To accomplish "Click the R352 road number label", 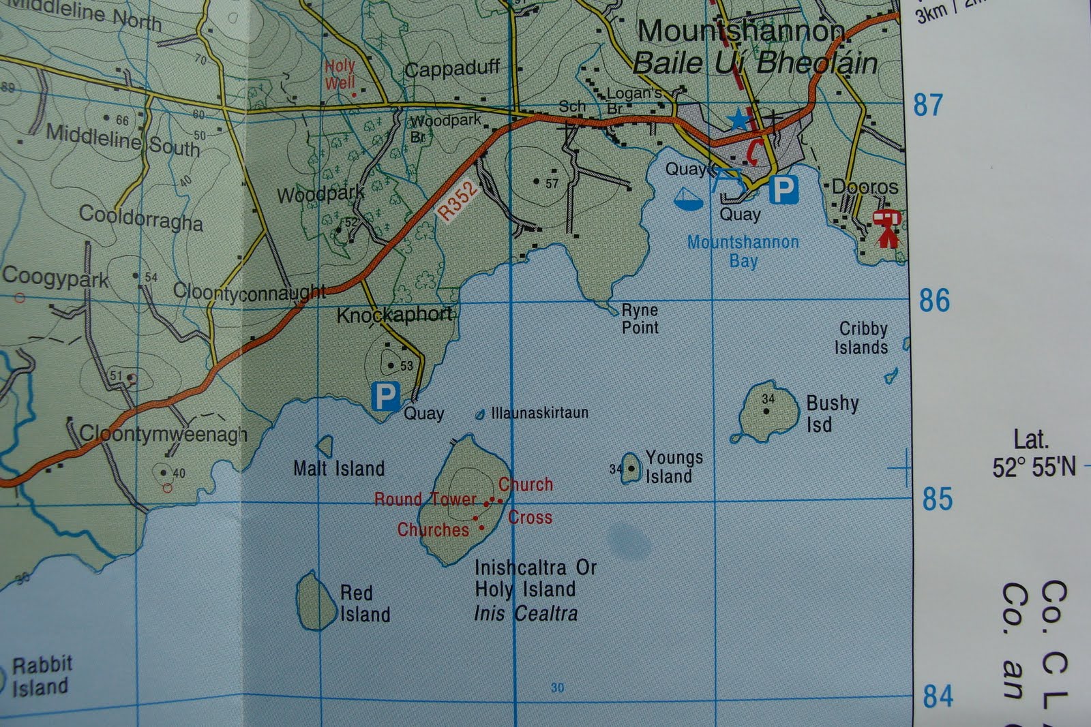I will pos(456,201).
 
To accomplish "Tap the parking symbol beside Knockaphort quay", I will pos(385,396).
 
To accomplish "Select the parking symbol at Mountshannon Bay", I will pos(783,190).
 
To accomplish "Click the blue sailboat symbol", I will pos(688,198).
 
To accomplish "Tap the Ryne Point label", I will pos(640,319).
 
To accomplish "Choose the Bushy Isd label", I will pos(832,414).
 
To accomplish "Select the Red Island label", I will pos(365,604).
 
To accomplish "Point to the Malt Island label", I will pos(339,469).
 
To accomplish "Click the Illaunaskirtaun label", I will pos(539,413).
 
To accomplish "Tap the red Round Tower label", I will pos(425,499).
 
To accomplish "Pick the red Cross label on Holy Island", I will pos(530,518).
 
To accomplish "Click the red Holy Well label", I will pos(340,74).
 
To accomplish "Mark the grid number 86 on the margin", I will pos(934,300).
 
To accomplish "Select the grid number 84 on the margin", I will pos(938,696).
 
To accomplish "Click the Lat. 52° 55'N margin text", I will pos(1033,454).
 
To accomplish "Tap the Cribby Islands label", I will pos(862,338).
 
